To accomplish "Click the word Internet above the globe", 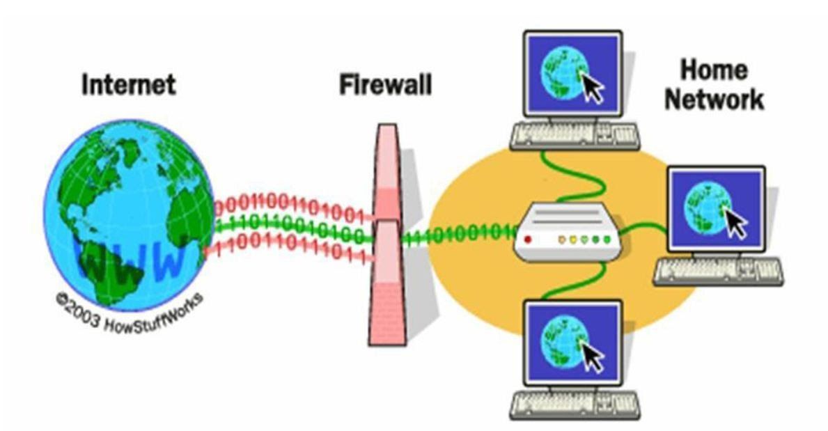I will tap(128, 85).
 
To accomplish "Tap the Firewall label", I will tap(384, 85).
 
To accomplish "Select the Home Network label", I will tap(713, 85).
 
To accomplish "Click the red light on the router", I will tap(527, 240).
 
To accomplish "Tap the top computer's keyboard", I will tap(575, 136).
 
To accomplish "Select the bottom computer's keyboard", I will tap(575, 404).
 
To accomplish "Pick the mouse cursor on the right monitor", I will tap(735, 223).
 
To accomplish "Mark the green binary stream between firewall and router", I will tap(460, 235).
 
